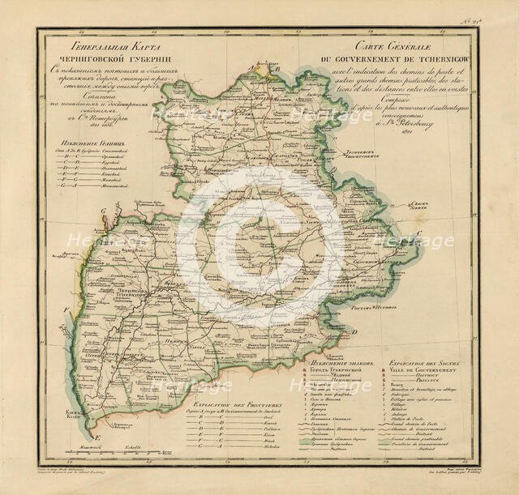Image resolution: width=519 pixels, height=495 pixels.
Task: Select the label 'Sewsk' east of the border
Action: click(x=419, y=204)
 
